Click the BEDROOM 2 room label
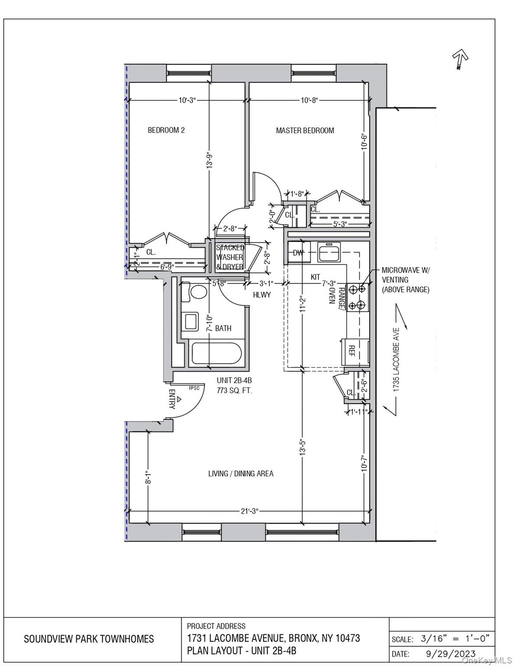pyautogui.click(x=166, y=130)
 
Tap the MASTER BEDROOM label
pyautogui.click(x=305, y=131)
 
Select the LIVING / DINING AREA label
pyautogui.click(x=241, y=473)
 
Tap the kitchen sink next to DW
pyautogui.click(x=329, y=253)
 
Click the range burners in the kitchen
pyautogui.click(x=357, y=297)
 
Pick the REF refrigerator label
pyautogui.click(x=351, y=351)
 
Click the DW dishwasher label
pyautogui.click(x=298, y=253)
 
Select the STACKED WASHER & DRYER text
pyautogui.click(x=230, y=257)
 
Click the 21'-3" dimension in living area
pyautogui.click(x=250, y=511)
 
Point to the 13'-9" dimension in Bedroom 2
pyautogui.click(x=209, y=160)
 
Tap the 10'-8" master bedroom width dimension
pyautogui.click(x=309, y=101)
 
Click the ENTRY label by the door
pyautogui.click(x=172, y=399)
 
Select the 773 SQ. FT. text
pyautogui.click(x=234, y=390)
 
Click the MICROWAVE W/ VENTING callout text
pyautogui.click(x=406, y=280)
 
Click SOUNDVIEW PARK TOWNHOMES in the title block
pyautogui.click(x=89, y=639)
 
